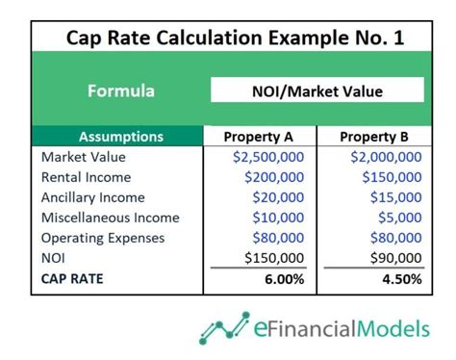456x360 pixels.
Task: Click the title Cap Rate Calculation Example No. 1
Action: coord(228,38)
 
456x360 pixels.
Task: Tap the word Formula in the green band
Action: coord(120,91)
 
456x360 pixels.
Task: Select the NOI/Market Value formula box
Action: coord(317,91)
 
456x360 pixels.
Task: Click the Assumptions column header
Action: coord(120,137)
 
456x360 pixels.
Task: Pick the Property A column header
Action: coord(258,137)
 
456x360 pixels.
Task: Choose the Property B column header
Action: coord(374,137)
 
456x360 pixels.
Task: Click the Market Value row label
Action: coord(83,157)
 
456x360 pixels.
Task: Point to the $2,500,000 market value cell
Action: coord(268,157)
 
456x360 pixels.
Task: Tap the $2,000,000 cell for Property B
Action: coord(385,157)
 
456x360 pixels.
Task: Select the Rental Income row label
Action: coord(86,177)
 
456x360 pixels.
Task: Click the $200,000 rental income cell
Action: coord(274,177)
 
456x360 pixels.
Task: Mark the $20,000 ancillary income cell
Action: coord(278,197)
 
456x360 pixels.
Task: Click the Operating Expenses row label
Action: coord(103,238)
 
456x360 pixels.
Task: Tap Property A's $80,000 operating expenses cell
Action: coord(278,238)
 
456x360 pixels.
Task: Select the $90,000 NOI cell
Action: coord(394,258)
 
